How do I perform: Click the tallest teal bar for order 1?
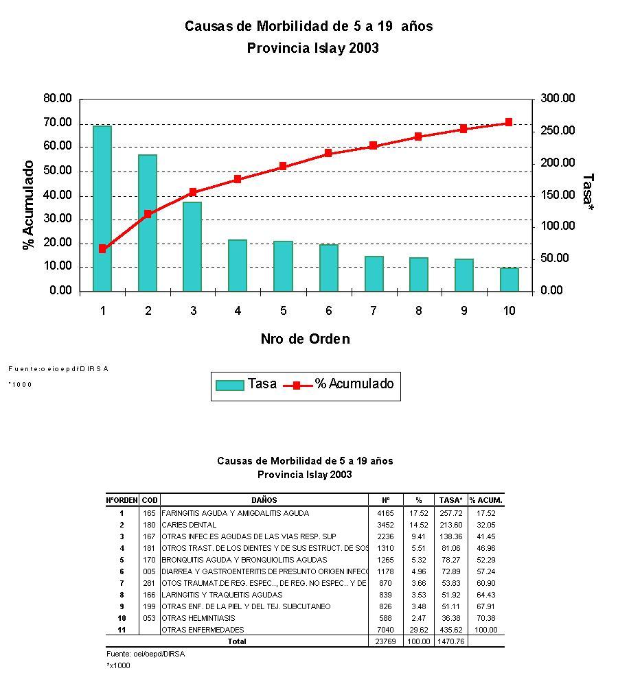102,208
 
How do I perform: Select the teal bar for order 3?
192,246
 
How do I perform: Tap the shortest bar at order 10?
509,279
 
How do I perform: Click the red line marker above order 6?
328,153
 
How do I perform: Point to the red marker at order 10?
509,122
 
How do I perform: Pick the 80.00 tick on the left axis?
58,99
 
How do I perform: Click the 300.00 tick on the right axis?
558,99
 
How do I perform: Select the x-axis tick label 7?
374,311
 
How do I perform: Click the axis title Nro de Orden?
305,339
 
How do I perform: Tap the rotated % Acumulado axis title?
29,205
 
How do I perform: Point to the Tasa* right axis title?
588,189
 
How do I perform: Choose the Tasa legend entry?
247,384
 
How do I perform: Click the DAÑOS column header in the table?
264,500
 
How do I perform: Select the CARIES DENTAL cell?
189,525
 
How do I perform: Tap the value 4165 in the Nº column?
385,513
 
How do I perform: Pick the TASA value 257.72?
451,513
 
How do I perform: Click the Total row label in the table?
237,641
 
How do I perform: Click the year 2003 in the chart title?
364,48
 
